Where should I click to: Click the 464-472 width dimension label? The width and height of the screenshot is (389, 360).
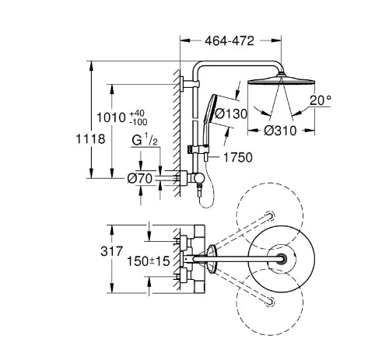(230, 40)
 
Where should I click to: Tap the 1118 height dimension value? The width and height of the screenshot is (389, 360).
(90, 138)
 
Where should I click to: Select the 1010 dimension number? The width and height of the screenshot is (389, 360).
(111, 118)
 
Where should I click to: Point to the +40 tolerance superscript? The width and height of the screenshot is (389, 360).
(137, 114)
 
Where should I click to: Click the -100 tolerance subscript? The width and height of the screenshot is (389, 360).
(138, 122)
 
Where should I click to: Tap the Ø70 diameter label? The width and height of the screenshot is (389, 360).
(139, 179)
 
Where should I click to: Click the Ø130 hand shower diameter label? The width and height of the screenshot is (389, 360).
(231, 114)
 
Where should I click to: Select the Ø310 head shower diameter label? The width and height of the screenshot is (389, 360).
(280, 131)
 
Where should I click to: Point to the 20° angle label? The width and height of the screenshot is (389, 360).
(321, 100)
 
